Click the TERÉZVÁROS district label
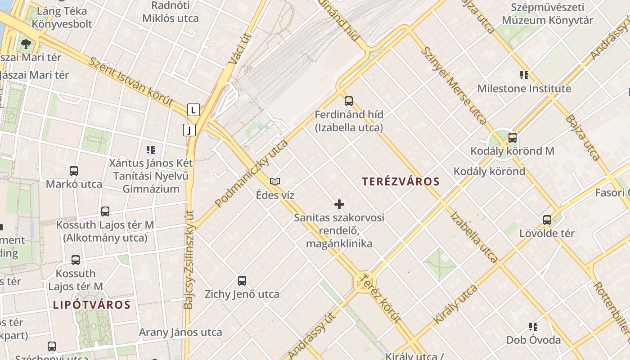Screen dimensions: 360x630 [400, 181]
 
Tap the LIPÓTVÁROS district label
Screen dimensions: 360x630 [92, 305]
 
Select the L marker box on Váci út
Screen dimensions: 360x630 [193, 110]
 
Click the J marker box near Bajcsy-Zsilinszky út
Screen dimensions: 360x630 [190, 130]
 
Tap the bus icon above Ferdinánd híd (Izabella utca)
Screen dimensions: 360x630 [349, 101]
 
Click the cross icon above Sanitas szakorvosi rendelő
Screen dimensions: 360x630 [339, 205]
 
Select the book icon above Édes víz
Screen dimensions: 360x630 [275, 181]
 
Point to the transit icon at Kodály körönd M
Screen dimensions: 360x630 [512, 138]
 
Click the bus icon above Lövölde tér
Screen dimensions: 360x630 [547, 220]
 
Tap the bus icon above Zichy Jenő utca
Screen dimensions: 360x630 [242, 281]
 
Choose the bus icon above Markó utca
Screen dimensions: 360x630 [74, 171]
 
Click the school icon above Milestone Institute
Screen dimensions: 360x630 [524, 75]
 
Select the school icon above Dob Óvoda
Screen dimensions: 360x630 [534, 327]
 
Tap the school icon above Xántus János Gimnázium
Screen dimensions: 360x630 [151, 149]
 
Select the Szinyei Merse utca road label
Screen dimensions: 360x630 [453, 85]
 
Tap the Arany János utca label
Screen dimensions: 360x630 [180, 333]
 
